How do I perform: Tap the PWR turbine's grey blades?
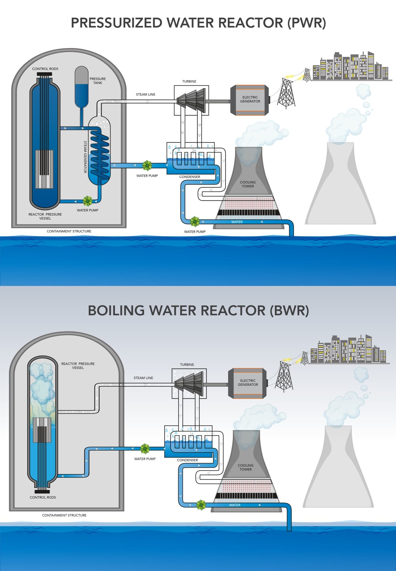191,100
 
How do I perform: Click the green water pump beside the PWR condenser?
147,165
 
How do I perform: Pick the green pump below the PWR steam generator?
87,201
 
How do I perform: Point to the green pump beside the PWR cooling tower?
195,221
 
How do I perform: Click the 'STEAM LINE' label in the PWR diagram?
146,95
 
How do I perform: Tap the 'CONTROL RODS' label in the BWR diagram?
43,497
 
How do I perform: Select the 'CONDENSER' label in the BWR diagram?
187,460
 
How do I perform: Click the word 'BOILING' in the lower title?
116,310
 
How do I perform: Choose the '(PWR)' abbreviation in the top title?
307,23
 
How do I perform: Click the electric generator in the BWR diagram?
248,383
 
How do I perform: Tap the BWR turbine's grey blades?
189,383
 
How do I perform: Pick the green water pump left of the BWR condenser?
145,449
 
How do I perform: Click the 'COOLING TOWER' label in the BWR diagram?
245,467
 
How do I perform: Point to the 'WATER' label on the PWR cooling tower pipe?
237,222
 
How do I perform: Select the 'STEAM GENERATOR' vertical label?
85,157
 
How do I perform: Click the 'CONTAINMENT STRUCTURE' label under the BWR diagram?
64,515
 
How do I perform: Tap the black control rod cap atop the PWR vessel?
44,74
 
